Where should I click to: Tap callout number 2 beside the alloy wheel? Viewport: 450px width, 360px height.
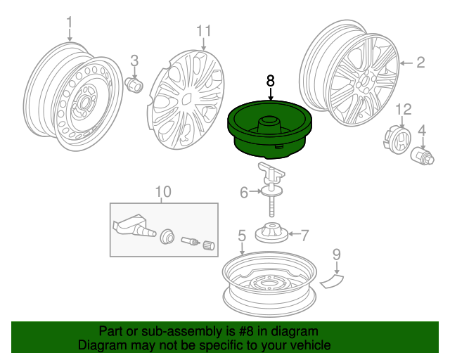pos(420,63)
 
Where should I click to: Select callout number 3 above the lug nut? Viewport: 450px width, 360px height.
pos(134,61)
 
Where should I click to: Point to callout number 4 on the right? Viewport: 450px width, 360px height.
pos(422,130)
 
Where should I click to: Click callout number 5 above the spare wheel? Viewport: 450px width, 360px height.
pos(241,236)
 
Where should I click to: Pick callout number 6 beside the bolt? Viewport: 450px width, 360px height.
pos(243,192)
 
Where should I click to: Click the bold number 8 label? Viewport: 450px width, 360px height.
pos(271,81)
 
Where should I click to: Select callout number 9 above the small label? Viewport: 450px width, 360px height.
pos(336,254)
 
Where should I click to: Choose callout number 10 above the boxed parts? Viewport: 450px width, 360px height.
pos(162,191)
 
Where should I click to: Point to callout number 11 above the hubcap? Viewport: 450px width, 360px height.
pos(203,30)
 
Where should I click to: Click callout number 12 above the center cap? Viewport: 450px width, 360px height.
pos(402,108)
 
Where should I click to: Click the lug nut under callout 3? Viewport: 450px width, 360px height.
pos(134,84)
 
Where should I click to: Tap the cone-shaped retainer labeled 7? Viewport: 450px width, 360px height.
pos(271,232)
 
